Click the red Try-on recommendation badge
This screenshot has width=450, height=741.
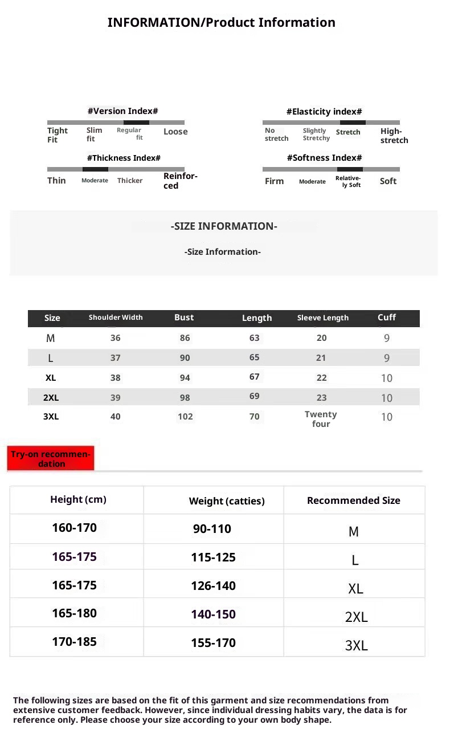(x=51, y=459)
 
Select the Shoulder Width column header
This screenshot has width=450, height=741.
(x=116, y=317)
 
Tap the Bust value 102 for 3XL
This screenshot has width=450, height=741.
(x=185, y=417)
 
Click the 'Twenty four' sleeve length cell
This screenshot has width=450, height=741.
(x=321, y=419)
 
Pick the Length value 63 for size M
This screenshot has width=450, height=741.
(x=254, y=338)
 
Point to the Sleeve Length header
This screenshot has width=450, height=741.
(x=322, y=318)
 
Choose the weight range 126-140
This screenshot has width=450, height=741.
(x=213, y=586)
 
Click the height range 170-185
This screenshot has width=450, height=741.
(x=74, y=642)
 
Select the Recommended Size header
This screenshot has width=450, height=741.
(x=353, y=500)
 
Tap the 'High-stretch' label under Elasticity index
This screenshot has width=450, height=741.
(x=394, y=136)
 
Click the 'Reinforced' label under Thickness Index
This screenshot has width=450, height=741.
(x=180, y=181)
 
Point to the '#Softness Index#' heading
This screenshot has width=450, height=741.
(x=324, y=158)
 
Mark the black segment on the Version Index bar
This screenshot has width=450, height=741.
(x=136, y=123)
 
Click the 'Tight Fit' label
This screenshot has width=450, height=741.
(x=57, y=135)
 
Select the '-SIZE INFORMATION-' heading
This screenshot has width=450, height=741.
(x=224, y=226)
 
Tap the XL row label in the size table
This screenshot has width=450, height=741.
(x=51, y=378)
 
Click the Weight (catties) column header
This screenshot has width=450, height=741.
(x=227, y=501)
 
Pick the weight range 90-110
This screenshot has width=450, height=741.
(x=212, y=529)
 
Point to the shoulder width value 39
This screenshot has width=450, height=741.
(x=116, y=398)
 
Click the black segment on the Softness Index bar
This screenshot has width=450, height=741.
(x=350, y=169)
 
